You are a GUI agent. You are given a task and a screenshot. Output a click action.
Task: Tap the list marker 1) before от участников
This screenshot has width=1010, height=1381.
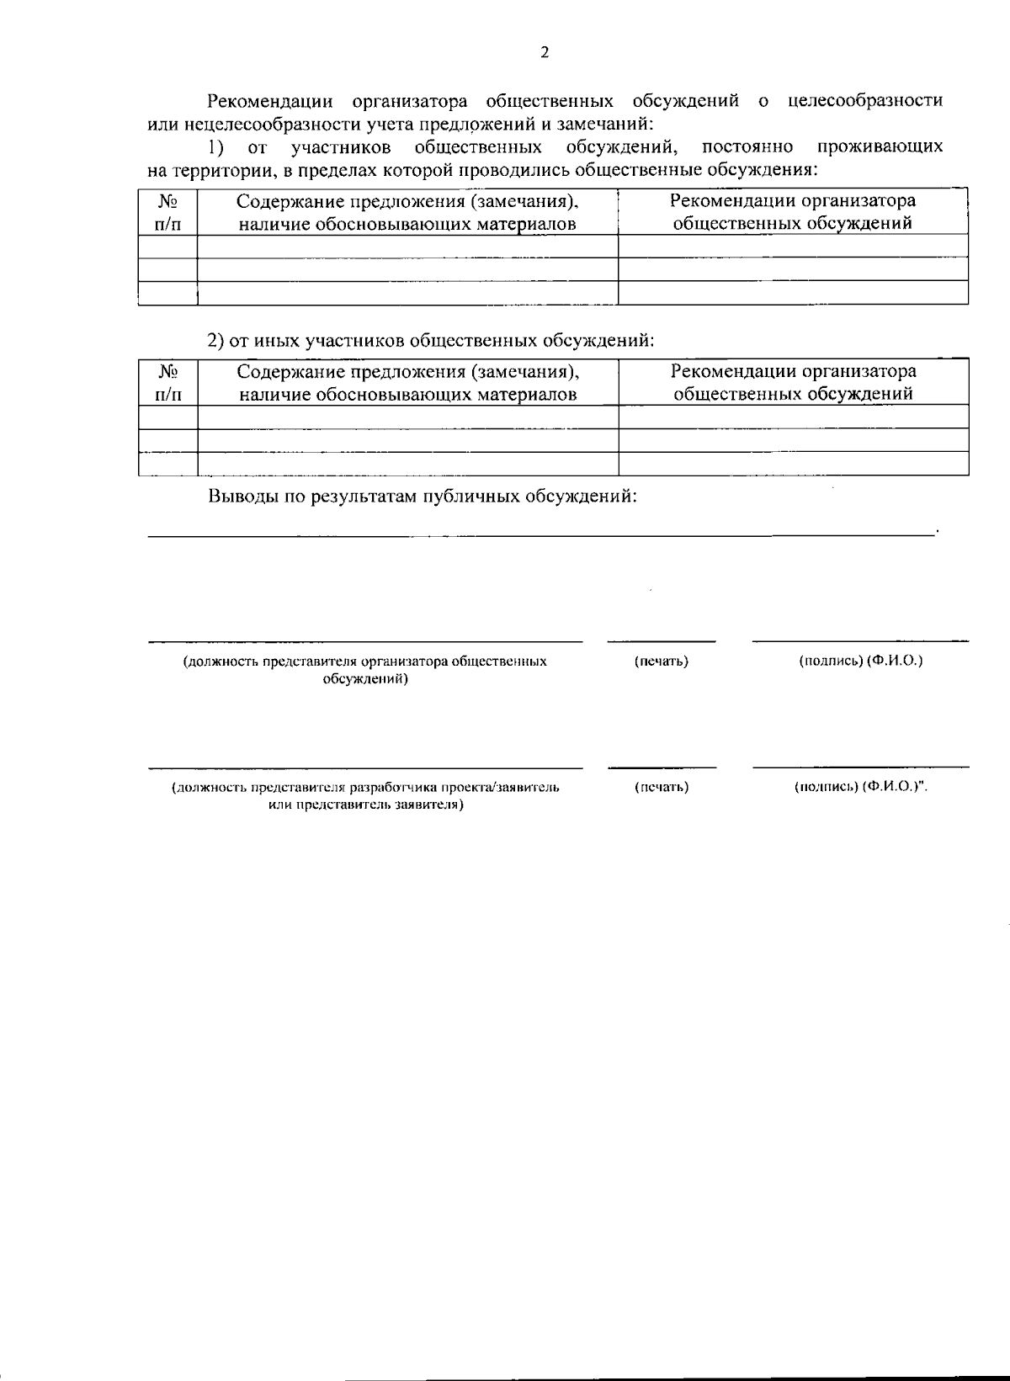pyautogui.click(x=216, y=147)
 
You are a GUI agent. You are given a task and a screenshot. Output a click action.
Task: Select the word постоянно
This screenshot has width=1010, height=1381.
pyautogui.click(x=747, y=147)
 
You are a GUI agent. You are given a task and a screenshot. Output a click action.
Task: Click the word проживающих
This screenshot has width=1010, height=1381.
pyautogui.click(x=880, y=147)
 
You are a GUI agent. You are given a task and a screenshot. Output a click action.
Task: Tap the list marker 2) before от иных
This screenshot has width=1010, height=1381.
pyautogui.click(x=216, y=340)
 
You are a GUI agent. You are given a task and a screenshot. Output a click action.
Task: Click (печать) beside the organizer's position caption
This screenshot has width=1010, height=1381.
pyautogui.click(x=661, y=661)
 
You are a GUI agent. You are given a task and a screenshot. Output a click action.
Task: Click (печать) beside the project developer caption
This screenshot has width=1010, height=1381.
pyautogui.click(x=661, y=788)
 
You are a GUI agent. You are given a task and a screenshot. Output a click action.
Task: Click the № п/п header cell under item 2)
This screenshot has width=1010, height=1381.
pyautogui.click(x=168, y=382)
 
